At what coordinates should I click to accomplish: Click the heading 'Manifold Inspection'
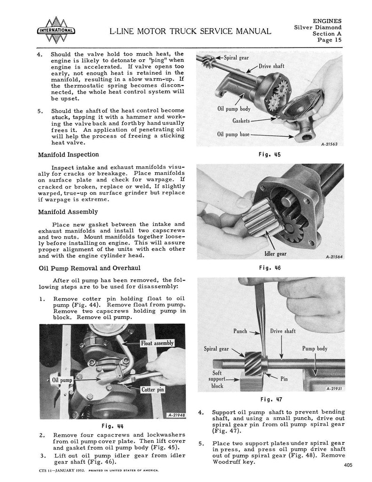pyautogui.click(x=68, y=154)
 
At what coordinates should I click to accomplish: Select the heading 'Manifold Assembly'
pyautogui.click(x=68, y=212)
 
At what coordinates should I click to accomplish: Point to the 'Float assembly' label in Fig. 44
pyautogui.click(x=158, y=343)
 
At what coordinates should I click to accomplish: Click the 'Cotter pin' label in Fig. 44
pyautogui.click(x=153, y=390)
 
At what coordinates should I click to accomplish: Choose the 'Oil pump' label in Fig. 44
pyautogui.click(x=61, y=379)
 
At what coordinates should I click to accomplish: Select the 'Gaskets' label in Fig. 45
pyautogui.click(x=241, y=121)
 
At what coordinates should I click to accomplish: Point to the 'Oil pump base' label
pyautogui.click(x=233, y=134)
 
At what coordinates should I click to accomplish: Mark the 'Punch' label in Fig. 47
pyautogui.click(x=240, y=331)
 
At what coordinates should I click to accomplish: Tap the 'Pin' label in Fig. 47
pyautogui.click(x=284, y=378)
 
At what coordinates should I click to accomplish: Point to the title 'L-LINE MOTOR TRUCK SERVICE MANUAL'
pyautogui.click(x=190, y=32)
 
